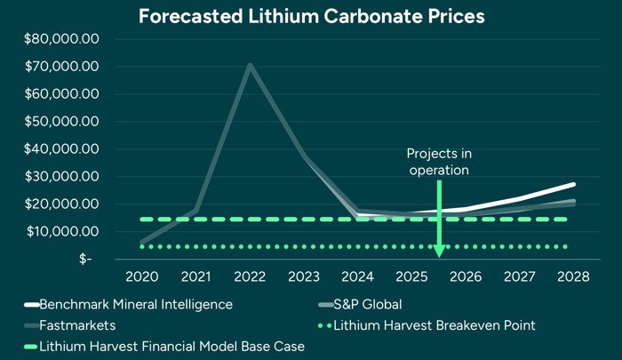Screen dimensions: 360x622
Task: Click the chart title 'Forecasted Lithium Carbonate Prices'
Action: (310, 16)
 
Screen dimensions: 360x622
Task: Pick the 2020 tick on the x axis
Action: (142, 276)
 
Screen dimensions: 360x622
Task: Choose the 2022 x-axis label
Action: (250, 276)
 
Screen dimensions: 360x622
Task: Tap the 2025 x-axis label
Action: (411, 276)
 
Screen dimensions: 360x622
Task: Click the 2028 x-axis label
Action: (573, 276)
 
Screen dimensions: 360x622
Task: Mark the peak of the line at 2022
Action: (250, 65)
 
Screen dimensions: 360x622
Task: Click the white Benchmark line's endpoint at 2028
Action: (573, 184)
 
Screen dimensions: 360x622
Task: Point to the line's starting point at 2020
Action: (142, 242)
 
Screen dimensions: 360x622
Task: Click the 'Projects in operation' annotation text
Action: (438, 161)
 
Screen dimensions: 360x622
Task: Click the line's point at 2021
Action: (195, 211)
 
